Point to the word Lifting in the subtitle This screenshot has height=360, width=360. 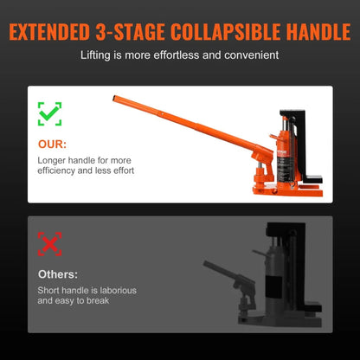point(96,55)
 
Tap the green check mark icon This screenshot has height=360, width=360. point(48,113)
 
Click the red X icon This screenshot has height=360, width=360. point(48,243)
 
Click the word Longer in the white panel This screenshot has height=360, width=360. point(54,160)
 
